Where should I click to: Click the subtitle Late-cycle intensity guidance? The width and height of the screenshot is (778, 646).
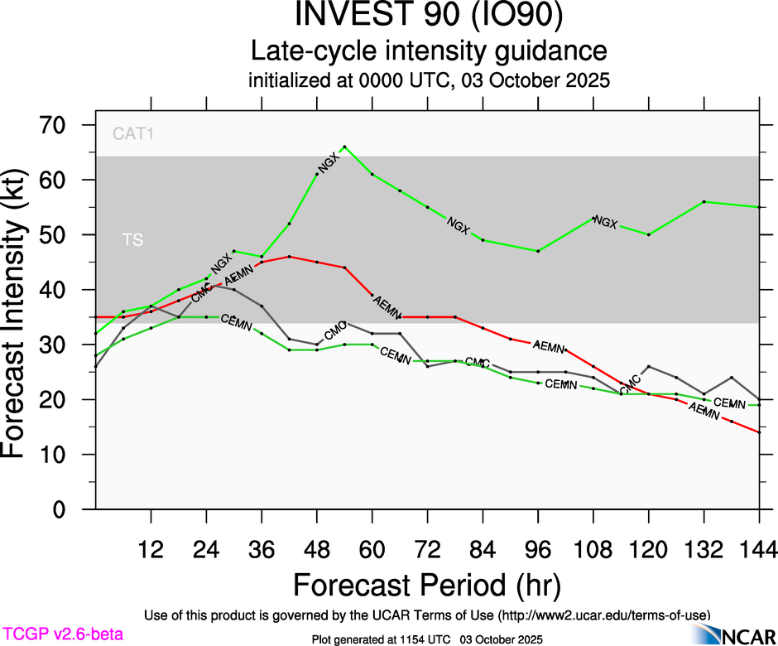[x=430, y=51]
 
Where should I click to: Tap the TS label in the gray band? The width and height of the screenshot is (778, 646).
[x=132, y=240]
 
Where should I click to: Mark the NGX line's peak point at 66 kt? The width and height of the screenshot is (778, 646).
[x=344, y=147]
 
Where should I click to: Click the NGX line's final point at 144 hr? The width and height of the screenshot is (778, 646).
[x=759, y=207]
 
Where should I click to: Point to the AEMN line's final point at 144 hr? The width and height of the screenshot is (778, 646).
[x=759, y=432]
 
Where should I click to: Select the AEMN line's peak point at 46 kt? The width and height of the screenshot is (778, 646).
[x=289, y=257]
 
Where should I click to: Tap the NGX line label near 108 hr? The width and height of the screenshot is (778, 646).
[x=607, y=222]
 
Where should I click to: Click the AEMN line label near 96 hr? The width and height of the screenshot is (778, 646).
[x=548, y=345]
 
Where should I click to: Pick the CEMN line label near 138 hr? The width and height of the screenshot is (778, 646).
[x=730, y=403]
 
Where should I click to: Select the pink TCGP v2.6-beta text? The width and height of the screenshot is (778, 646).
[x=62, y=634]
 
